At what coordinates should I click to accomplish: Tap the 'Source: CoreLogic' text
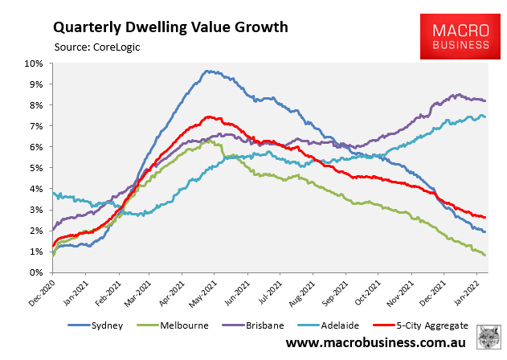[96, 47]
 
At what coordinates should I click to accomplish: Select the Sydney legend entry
[105, 325]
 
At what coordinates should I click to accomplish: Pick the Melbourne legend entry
[182, 325]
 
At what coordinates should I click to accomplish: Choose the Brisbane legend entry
[266, 325]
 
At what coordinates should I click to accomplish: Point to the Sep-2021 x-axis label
[336, 290]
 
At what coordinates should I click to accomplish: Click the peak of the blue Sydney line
[206, 71]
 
